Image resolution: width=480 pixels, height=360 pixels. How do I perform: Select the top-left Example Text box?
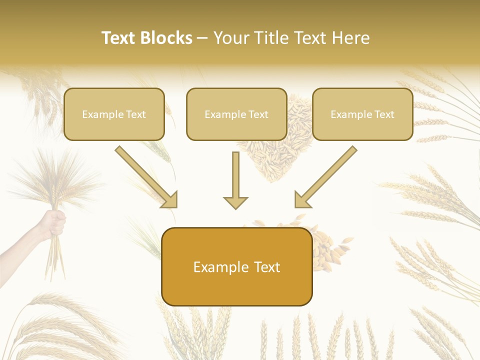(x=114, y=114)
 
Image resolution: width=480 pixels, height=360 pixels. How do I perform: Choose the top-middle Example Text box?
(x=236, y=114)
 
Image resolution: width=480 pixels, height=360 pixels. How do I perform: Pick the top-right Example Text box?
(x=362, y=114)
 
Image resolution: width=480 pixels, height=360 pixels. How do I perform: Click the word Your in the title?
(x=231, y=38)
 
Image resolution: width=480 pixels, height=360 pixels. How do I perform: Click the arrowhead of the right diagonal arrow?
(x=302, y=200)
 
